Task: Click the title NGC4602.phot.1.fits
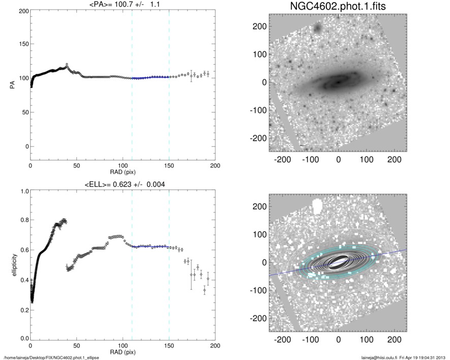tap(338, 7)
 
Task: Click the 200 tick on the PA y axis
tap(23, 11)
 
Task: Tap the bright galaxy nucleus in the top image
tap(337, 81)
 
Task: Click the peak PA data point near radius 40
tap(67, 65)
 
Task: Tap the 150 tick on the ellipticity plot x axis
tap(169, 345)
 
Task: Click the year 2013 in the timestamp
tap(441, 357)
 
